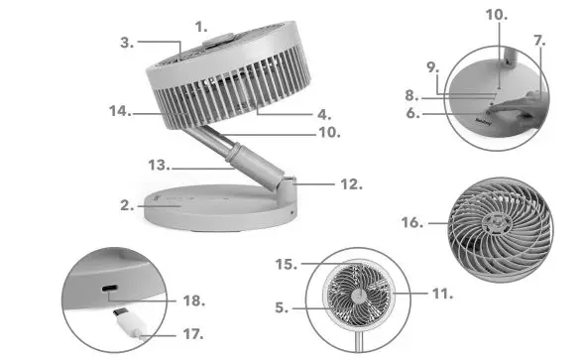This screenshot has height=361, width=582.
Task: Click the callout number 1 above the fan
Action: coord(202,25)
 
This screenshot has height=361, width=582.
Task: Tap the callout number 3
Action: coord(126,42)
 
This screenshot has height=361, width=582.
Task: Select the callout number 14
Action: coord(119,111)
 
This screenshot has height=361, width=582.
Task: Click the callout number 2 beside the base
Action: coord(126,205)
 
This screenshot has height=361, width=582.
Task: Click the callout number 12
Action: coord(350,183)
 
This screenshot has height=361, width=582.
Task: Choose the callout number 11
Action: coord(441,294)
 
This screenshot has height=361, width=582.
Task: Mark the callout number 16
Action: coord(409,223)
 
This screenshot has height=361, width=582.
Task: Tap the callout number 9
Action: coord(430,67)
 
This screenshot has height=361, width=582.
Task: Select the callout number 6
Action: coord(430,113)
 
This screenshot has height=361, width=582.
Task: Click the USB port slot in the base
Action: coord(111,294)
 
